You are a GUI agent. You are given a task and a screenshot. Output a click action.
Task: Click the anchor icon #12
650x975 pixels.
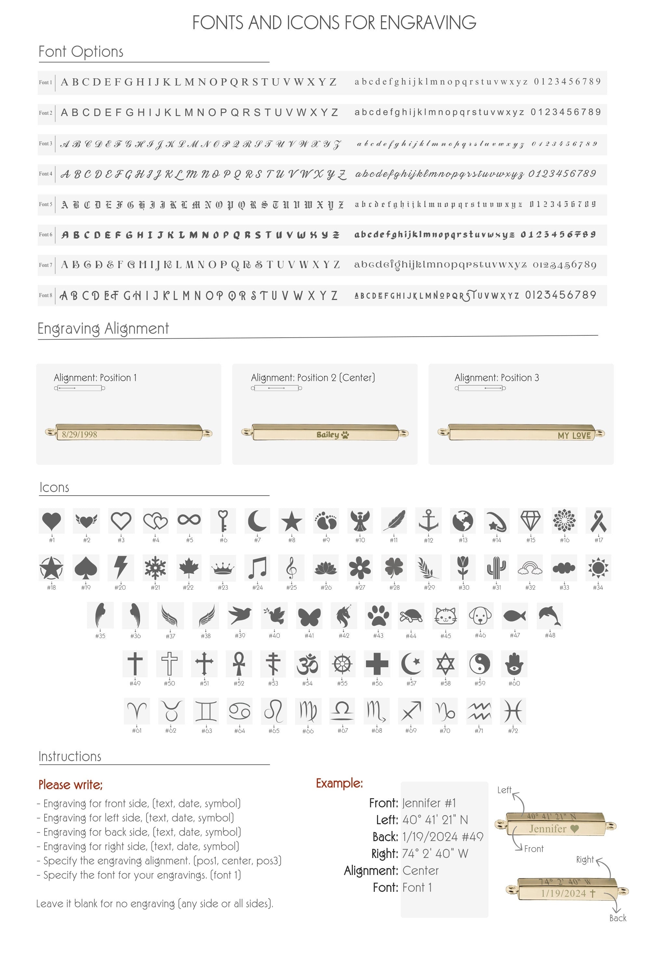click(428, 521)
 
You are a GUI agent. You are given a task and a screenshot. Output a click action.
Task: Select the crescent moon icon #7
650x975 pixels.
click(257, 521)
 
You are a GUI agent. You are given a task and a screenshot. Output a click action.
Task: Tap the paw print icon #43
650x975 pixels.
click(378, 616)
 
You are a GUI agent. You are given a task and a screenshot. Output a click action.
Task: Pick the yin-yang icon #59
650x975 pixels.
click(480, 663)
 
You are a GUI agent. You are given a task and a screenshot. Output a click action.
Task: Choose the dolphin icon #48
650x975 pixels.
click(550, 616)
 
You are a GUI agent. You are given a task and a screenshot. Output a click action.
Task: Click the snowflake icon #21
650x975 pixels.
click(155, 567)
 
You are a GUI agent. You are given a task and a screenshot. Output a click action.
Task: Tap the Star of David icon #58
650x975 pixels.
click(445, 663)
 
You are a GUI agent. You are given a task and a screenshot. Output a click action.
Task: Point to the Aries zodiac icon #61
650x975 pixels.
click(137, 711)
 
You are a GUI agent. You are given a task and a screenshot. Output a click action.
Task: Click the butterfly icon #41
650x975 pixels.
click(309, 616)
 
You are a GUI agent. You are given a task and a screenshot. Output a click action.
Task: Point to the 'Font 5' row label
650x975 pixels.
click(45, 204)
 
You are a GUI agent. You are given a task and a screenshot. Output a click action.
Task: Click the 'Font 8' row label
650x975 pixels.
click(45, 295)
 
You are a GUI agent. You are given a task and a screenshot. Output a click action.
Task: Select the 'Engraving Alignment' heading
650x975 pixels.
click(103, 328)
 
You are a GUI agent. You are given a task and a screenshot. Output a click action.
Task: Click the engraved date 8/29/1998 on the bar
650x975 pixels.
click(80, 435)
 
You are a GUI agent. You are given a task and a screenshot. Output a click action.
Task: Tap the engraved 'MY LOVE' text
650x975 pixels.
click(574, 435)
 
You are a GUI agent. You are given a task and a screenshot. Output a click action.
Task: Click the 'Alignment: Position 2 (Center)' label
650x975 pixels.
click(313, 378)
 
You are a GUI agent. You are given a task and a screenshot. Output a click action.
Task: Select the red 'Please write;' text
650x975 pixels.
click(71, 785)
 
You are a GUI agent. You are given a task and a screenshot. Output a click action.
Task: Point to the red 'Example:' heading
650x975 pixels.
click(339, 783)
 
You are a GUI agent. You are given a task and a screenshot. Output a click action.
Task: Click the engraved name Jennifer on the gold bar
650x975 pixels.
click(548, 829)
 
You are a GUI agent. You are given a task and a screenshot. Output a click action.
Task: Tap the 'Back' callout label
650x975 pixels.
click(618, 918)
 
